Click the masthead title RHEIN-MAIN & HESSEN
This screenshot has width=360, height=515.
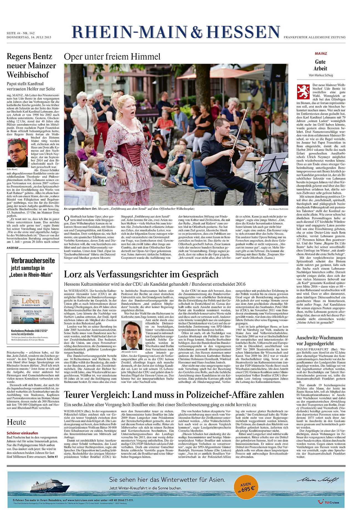pos(176,32)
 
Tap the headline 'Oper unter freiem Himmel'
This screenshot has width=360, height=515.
pos(112,57)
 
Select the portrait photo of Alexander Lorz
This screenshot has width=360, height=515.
pos(131,335)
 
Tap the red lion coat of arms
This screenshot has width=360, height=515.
pos(303,92)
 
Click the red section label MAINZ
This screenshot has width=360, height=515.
pos(321,53)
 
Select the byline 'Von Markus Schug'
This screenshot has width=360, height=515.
pos(321,75)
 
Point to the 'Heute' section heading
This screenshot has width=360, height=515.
pos(16,422)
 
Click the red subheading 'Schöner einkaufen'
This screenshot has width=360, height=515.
pos(22,433)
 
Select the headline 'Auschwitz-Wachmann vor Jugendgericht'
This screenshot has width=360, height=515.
pos(319,340)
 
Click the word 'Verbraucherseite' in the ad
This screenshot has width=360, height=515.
pos(33,260)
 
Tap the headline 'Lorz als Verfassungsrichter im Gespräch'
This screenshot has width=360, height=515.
pos(141,274)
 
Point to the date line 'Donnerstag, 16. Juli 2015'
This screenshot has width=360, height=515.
pos(29,37)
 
